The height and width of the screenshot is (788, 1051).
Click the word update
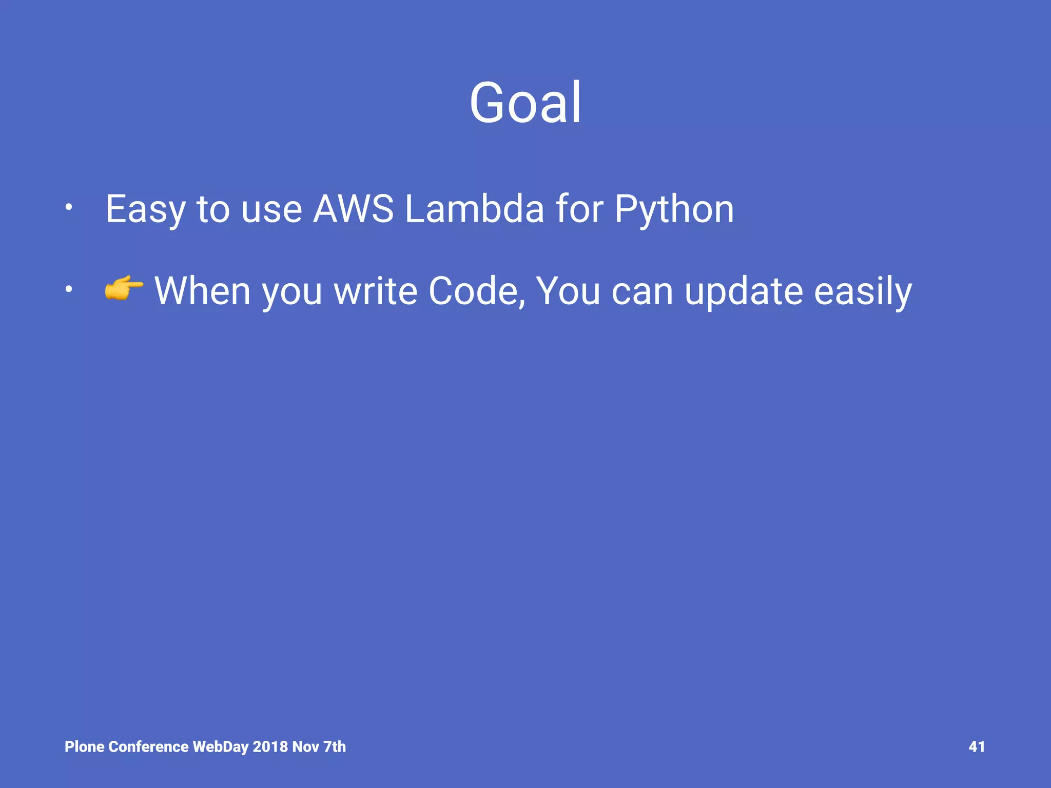743,291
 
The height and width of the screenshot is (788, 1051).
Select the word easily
863,291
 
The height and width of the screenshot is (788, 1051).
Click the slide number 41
976,746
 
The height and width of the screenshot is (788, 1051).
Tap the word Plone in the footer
85,746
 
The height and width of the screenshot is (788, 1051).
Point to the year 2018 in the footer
270,746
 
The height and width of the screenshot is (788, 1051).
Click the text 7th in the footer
335,746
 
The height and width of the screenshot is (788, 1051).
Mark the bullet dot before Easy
68,208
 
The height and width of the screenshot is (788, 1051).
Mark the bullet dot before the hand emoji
68,290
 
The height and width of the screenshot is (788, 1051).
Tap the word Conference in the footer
149,746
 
